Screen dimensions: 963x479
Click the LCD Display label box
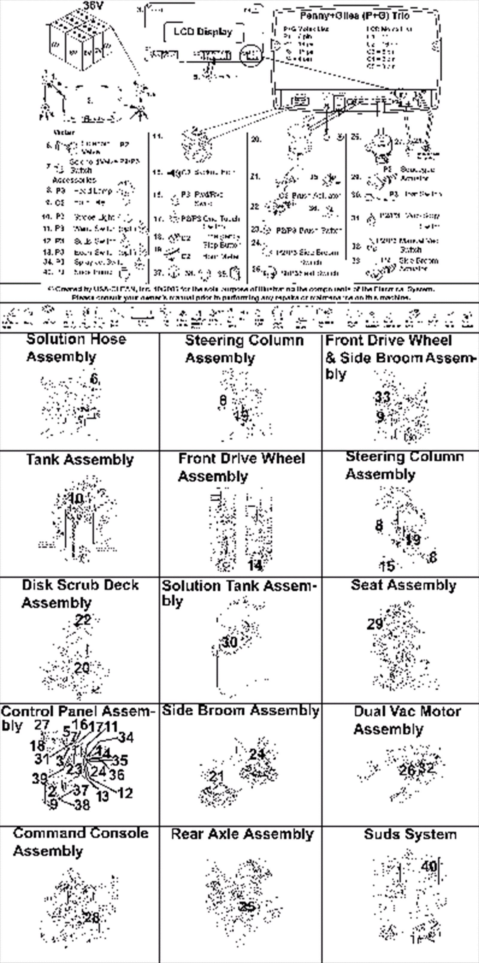coord(203,32)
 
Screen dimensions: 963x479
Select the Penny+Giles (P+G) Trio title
coord(354,16)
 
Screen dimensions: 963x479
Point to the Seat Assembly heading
coord(404,585)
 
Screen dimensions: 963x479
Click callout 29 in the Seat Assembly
coord(375,623)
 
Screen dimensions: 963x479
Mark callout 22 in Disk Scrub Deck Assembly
coord(83,620)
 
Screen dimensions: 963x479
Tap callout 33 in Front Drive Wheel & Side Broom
coord(383,397)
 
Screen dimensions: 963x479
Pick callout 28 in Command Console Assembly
coord(91,918)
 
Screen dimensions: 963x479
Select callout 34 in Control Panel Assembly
coord(126,738)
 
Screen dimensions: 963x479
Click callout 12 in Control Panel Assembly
coord(125,793)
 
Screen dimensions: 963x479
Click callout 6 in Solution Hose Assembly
coord(95,379)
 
